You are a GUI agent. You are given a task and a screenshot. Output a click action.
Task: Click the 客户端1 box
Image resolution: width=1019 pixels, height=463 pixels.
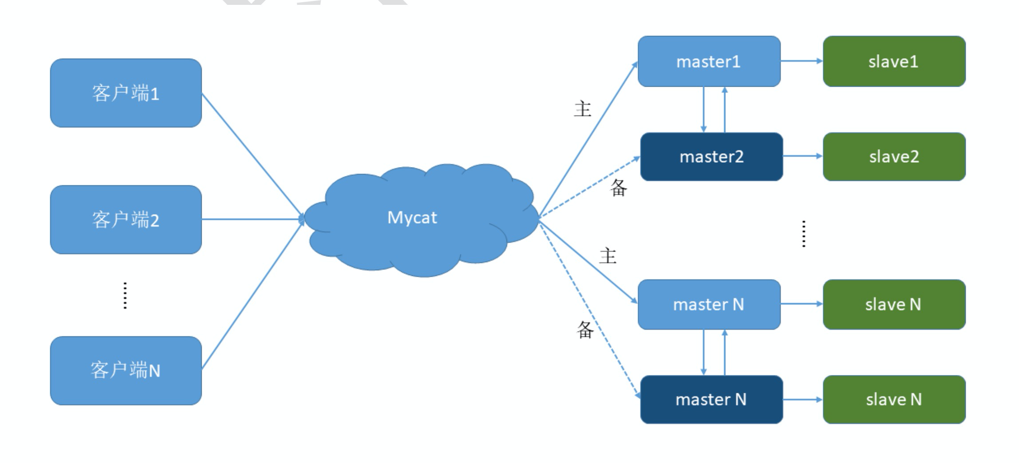(126, 93)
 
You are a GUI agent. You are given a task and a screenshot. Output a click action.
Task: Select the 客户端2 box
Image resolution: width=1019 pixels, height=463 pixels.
(126, 220)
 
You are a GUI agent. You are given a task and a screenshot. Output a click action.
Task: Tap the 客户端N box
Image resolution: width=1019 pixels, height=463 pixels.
(126, 371)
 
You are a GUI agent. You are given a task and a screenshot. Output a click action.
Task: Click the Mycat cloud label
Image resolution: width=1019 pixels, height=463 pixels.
(412, 218)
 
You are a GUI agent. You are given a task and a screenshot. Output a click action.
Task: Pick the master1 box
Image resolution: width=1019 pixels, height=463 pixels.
(709, 61)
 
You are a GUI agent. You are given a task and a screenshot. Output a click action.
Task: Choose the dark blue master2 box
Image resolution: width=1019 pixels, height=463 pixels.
(712, 156)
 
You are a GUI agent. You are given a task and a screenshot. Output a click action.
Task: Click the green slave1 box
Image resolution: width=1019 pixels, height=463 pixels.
(894, 61)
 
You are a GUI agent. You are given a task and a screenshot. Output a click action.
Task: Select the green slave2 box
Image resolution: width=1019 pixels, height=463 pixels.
(894, 156)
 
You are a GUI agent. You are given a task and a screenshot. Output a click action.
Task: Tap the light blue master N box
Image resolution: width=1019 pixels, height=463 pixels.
(709, 304)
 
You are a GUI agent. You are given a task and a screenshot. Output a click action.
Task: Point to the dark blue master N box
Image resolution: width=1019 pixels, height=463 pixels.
(712, 399)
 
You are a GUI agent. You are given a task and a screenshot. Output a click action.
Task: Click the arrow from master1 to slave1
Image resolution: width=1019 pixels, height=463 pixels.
(802, 61)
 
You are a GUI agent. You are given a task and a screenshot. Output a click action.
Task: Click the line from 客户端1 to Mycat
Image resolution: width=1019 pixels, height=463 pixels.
(252, 156)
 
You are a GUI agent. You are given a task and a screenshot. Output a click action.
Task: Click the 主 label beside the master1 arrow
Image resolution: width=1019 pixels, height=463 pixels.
(582, 109)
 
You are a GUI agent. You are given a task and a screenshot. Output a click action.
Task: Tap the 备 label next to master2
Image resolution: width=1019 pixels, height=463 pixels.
(619, 188)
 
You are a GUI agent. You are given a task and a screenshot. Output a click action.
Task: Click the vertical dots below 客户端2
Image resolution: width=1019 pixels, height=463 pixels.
(125, 295)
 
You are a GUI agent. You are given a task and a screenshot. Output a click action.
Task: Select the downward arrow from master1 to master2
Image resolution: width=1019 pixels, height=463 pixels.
(704, 109)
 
